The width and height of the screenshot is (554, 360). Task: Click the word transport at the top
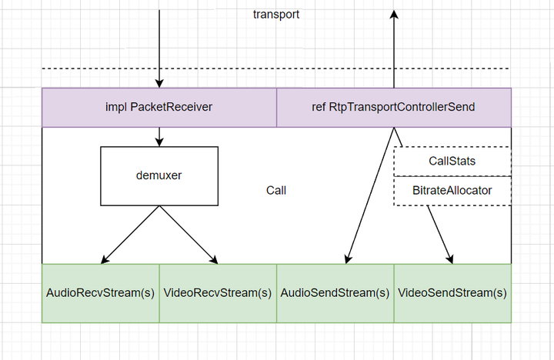tap(276, 15)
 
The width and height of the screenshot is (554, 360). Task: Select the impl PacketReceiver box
tap(159, 107)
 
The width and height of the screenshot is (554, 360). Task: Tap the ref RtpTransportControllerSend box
tap(393, 107)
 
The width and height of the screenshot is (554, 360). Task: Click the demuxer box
tap(159, 175)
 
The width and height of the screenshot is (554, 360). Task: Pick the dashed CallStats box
tap(452, 161)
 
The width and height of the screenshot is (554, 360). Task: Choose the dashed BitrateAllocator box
tap(452, 190)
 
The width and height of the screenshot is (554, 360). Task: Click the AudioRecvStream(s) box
tap(100, 293)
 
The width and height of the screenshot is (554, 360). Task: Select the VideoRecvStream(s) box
tap(218, 293)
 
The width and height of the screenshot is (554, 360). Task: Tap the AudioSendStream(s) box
tap(335, 293)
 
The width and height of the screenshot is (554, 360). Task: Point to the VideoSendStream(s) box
tap(452, 293)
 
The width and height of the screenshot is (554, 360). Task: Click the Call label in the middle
tap(276, 190)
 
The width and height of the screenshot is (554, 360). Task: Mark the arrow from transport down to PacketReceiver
tap(159, 46)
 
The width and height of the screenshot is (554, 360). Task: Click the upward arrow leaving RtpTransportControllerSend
tap(393, 46)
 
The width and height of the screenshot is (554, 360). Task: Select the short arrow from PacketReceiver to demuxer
tap(159, 136)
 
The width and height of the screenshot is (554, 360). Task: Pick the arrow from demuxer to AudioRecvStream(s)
tap(131, 234)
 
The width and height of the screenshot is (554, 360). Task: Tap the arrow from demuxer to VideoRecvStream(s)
tap(188, 234)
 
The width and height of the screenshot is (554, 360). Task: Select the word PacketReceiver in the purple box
tap(171, 107)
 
